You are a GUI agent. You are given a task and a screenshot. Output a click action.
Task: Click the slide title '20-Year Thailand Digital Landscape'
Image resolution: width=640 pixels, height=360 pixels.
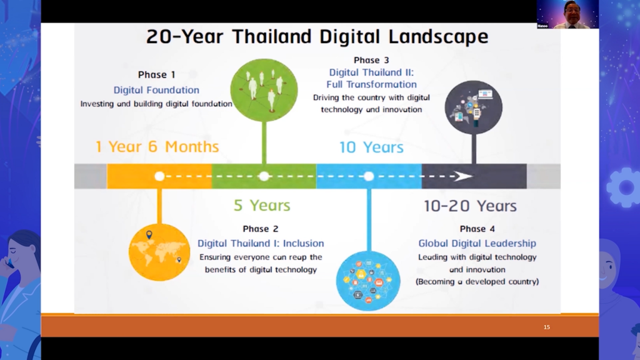coord(317,36)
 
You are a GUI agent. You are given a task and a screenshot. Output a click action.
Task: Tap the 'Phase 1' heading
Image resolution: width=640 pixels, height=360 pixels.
coord(156,75)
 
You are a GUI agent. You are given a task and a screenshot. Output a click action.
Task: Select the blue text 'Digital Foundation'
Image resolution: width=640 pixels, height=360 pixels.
coord(156,90)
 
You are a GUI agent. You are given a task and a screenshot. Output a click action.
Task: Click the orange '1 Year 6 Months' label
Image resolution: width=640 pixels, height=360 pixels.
coord(157,146)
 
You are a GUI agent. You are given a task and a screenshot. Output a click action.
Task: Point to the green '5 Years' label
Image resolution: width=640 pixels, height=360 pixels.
coord(262,205)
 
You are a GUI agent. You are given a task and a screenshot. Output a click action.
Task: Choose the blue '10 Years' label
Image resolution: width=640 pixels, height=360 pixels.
coord(371,147)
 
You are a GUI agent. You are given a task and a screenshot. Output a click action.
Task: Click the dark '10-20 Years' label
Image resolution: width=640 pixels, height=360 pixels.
coord(470,206)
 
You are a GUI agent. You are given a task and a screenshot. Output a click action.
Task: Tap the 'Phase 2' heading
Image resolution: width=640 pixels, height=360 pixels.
coord(261,229)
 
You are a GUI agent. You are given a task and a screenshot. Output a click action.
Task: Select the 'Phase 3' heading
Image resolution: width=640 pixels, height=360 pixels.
coord(371,61)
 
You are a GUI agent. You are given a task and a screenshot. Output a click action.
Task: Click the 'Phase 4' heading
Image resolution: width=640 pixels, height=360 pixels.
coord(477,229)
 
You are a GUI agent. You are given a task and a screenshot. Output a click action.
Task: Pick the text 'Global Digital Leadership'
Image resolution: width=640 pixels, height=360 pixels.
coord(477,243)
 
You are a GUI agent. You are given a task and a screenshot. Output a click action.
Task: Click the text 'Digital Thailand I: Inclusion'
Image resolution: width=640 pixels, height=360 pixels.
coord(261,243)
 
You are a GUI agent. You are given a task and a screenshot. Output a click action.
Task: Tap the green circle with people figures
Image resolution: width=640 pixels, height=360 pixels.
coord(264,90)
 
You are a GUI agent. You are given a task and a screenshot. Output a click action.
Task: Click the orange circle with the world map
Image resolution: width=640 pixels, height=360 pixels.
coord(159,252)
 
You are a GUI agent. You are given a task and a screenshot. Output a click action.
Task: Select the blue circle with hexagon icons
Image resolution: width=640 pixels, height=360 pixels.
coord(368,281)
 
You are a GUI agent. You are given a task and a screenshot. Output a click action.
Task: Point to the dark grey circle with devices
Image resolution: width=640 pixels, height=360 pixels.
coord(474,107)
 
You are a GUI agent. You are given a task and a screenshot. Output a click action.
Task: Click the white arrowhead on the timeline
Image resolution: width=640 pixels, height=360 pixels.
coord(463,176)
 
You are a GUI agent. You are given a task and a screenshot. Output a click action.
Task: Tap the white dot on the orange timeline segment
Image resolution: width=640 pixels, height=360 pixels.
coord(159,176)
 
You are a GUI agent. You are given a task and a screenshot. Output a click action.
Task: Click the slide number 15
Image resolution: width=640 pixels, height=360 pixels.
coord(547,327)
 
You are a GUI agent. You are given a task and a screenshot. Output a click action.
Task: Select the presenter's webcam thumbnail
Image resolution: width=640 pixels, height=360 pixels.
coord(567,14)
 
